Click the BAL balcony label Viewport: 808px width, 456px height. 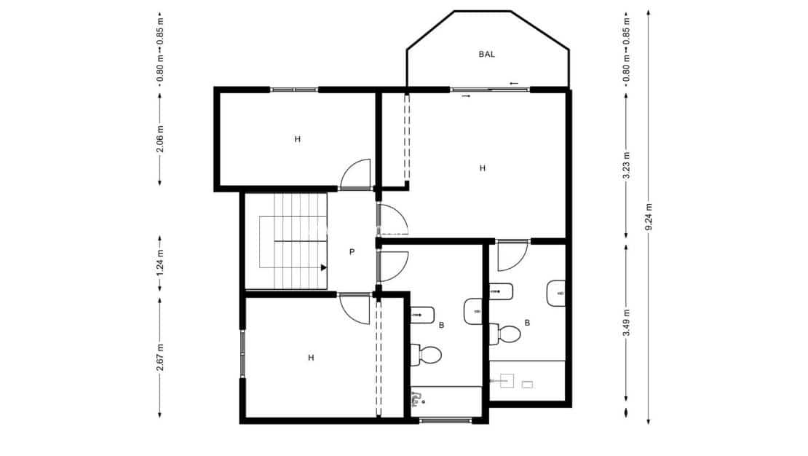pos(488,54)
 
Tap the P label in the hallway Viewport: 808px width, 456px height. pos(352,252)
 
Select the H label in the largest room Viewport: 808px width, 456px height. pos(482,168)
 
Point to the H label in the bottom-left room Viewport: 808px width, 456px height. pos(311,358)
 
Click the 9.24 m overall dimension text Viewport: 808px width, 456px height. pos(649,216)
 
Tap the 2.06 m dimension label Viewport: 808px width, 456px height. pos(160,139)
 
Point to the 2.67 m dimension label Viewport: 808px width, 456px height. pos(160,357)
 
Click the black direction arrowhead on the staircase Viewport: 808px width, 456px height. pos(323,267)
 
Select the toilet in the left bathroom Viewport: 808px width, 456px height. pos(427,355)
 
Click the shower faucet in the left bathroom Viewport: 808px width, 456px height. pos(416,398)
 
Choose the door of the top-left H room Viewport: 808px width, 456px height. pos(357,175)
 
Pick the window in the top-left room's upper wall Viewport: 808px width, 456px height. pos(295,90)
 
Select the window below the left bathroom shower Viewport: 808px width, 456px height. pos(445,420)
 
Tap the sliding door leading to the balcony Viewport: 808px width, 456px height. pos(490,90)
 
